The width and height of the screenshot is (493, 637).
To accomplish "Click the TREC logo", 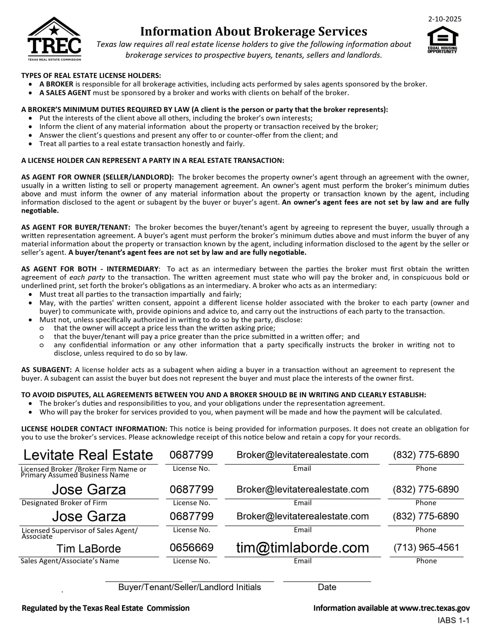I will (x=54, y=39).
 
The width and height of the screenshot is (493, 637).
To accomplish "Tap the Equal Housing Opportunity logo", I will (x=442, y=39).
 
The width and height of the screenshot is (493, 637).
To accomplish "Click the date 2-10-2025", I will (x=445, y=19).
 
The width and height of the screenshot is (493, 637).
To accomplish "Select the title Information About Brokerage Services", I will (x=253, y=32).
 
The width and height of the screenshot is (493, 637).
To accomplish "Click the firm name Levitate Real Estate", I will (x=88, y=455).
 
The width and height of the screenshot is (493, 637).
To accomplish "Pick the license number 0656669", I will (x=191, y=548).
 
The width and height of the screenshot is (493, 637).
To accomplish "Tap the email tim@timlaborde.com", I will (x=302, y=548).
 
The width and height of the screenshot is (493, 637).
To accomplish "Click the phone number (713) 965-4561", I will (x=426, y=548).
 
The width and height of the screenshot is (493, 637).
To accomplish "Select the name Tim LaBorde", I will (x=89, y=549).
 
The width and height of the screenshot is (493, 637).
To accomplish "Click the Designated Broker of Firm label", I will (x=64, y=503).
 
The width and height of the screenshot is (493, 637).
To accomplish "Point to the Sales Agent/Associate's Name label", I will (x=70, y=561).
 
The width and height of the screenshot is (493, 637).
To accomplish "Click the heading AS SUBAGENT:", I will (x=46, y=370).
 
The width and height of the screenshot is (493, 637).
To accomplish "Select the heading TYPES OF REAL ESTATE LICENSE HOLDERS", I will (x=91, y=76).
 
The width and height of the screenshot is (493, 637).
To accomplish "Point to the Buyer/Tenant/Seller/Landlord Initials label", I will (x=189, y=587).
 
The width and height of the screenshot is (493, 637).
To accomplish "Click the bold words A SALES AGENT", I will (x=65, y=93).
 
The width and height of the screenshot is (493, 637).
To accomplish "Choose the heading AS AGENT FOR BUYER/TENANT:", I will (x=76, y=227).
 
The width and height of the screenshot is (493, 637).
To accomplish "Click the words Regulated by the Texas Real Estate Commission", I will (x=106, y=608).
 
